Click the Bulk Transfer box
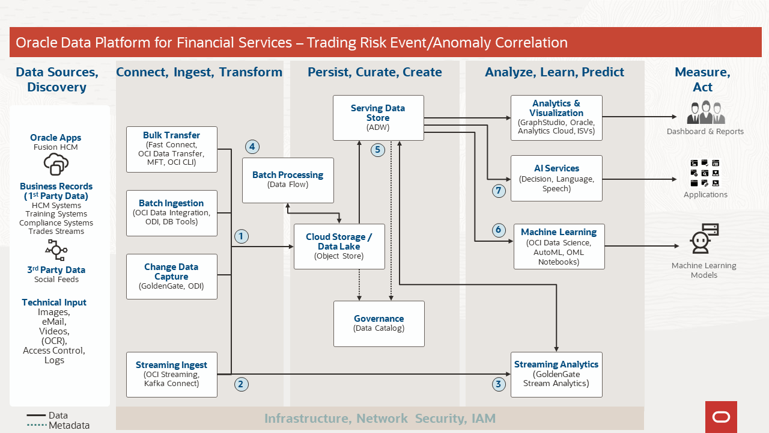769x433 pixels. click(172, 149)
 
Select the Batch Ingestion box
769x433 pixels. click(172, 213)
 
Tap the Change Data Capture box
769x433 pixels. click(172, 277)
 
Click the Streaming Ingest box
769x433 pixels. click(172, 375)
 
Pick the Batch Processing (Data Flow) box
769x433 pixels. click(288, 180)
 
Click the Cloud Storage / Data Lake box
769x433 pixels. click(339, 247)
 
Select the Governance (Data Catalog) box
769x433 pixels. click(379, 324)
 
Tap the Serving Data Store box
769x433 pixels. click(378, 118)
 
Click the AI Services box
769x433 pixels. click(556, 178)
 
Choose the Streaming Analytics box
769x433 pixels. click(556, 374)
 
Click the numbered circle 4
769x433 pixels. click(252, 146)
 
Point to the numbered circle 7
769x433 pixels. click(498, 191)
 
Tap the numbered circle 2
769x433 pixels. click(241, 384)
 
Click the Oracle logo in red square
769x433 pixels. click(721, 417)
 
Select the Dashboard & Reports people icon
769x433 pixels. click(706, 113)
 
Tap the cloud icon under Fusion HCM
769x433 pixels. click(56, 164)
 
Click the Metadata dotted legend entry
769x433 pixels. click(58, 425)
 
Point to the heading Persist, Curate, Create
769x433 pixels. click(375, 72)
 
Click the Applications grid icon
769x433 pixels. click(705, 173)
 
